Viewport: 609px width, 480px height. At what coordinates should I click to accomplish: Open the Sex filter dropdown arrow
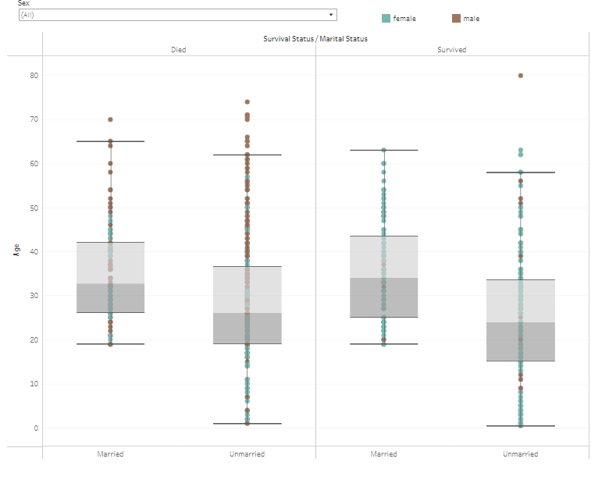coord(331,15)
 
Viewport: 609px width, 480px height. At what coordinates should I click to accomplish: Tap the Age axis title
coord(16,250)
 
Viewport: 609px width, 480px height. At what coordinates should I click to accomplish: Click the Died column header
coord(179,50)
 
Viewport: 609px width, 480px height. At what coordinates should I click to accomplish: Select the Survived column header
coord(451,50)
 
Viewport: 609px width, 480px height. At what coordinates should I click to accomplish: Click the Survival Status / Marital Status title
coord(315,38)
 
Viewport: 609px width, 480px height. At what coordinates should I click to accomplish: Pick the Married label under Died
coord(110,454)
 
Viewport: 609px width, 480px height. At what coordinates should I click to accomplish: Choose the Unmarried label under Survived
coord(520,454)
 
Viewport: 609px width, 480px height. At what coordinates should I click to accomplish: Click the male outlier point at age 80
coord(521,76)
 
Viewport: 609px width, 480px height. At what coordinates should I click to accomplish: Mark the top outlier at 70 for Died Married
coord(110,119)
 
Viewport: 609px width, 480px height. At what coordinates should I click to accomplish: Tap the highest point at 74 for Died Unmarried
coord(247,102)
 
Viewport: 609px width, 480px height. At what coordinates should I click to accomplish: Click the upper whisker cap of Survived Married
coord(383,150)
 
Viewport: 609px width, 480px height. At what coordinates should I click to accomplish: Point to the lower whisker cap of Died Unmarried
coord(247,424)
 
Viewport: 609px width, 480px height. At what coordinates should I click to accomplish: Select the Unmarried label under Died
coord(247,454)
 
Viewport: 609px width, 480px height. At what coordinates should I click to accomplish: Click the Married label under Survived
coord(383,454)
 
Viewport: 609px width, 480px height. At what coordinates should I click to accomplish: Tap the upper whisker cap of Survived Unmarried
coord(521,172)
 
